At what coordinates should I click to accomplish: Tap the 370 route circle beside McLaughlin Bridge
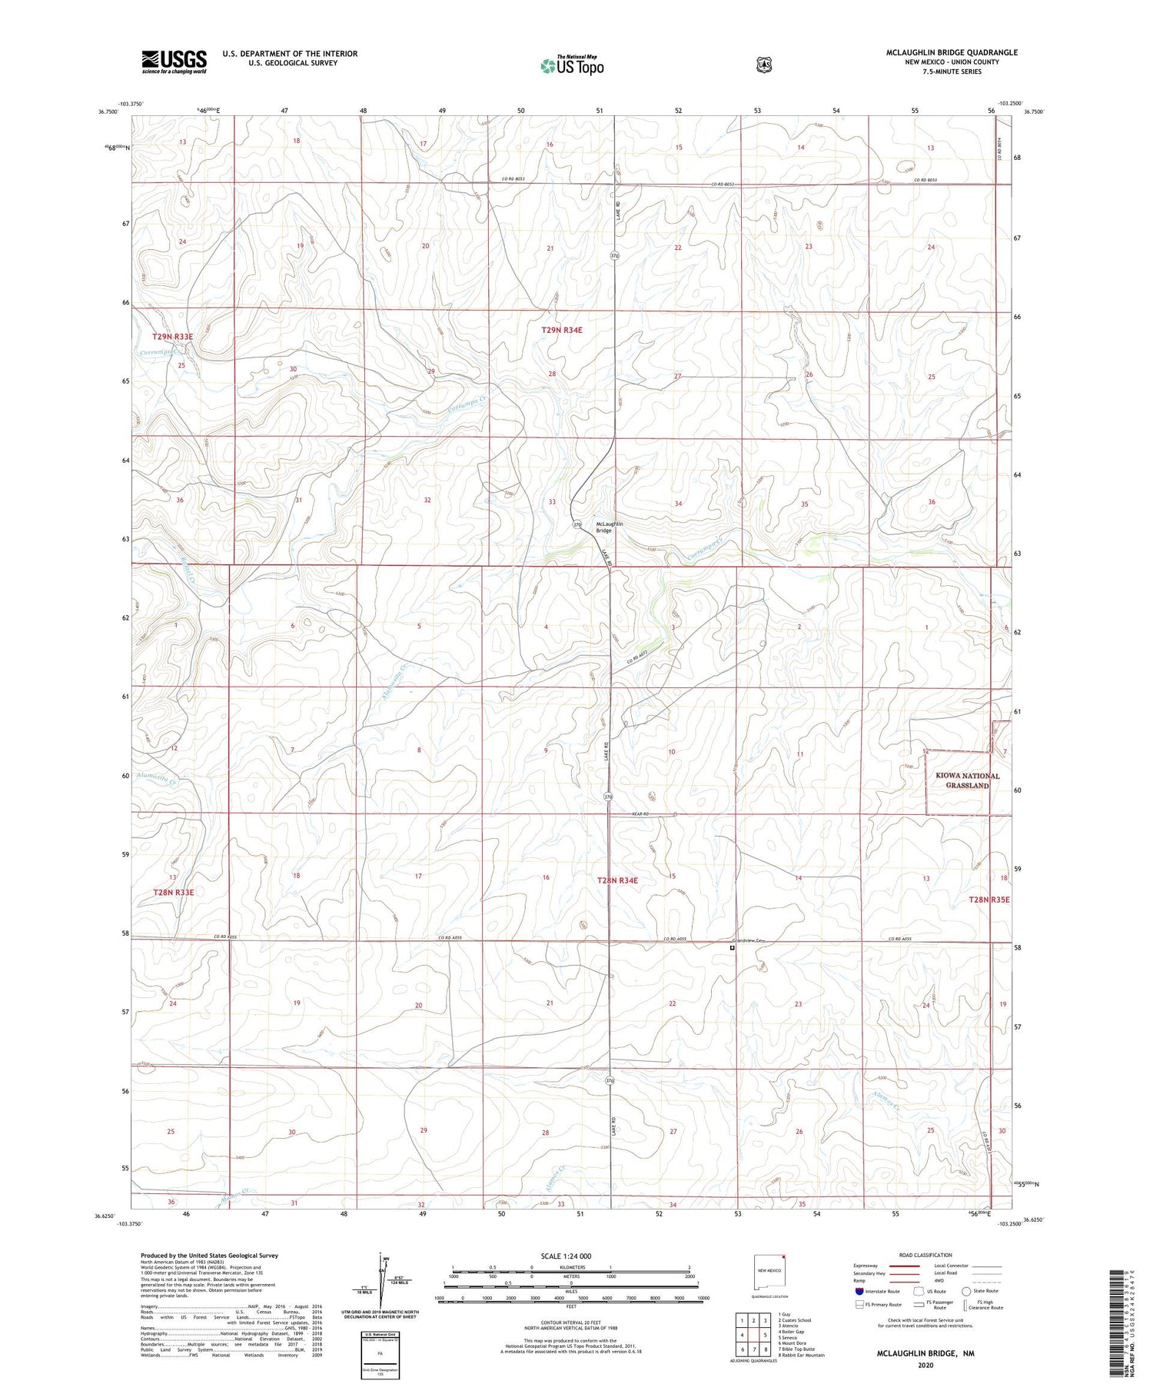578,524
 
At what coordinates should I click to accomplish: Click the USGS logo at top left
174,62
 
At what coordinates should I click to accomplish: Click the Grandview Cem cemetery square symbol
732,948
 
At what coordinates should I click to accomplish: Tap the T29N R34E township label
562,330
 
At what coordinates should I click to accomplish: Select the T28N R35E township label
989,899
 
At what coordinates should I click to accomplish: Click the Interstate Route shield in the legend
859,1291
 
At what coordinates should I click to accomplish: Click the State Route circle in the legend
966,1291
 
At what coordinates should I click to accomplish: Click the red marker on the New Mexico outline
783,1260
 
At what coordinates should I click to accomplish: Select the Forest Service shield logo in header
763,65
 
